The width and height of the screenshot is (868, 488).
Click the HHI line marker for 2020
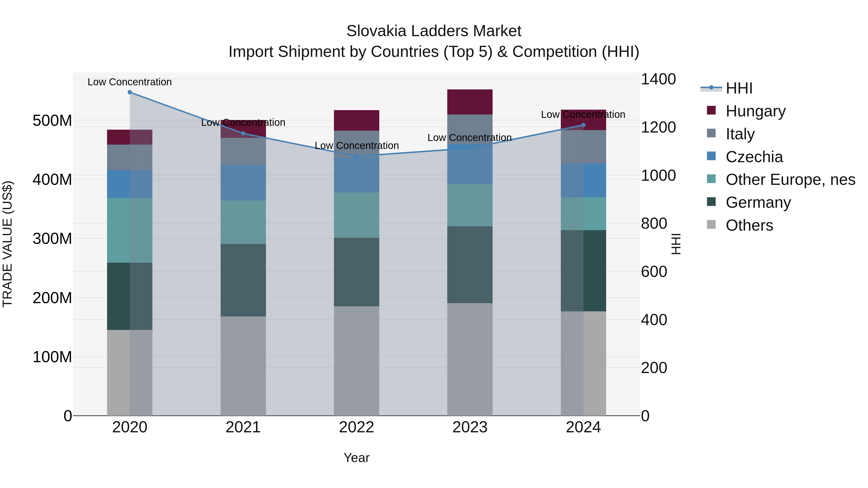click(x=130, y=92)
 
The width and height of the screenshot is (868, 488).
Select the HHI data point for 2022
click(x=357, y=156)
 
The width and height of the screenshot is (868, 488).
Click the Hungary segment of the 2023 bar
click(x=470, y=102)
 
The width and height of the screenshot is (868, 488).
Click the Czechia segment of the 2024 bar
click(x=583, y=180)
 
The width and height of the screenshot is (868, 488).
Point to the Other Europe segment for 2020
click(x=130, y=230)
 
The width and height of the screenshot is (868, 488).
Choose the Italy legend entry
click(x=740, y=134)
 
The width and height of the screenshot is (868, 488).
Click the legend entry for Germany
click(x=758, y=202)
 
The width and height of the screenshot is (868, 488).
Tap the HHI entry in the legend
click(x=739, y=88)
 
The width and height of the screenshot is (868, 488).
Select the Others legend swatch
click(x=711, y=225)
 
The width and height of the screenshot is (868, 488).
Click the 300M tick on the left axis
click(x=52, y=238)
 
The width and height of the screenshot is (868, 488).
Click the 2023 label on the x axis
click(x=470, y=427)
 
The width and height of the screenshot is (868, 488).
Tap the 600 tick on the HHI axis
click(x=654, y=271)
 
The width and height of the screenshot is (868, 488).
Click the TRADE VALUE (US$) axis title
click(x=7, y=244)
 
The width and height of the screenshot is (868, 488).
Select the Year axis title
click(x=357, y=458)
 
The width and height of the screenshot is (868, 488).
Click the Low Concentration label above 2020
click(x=130, y=82)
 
